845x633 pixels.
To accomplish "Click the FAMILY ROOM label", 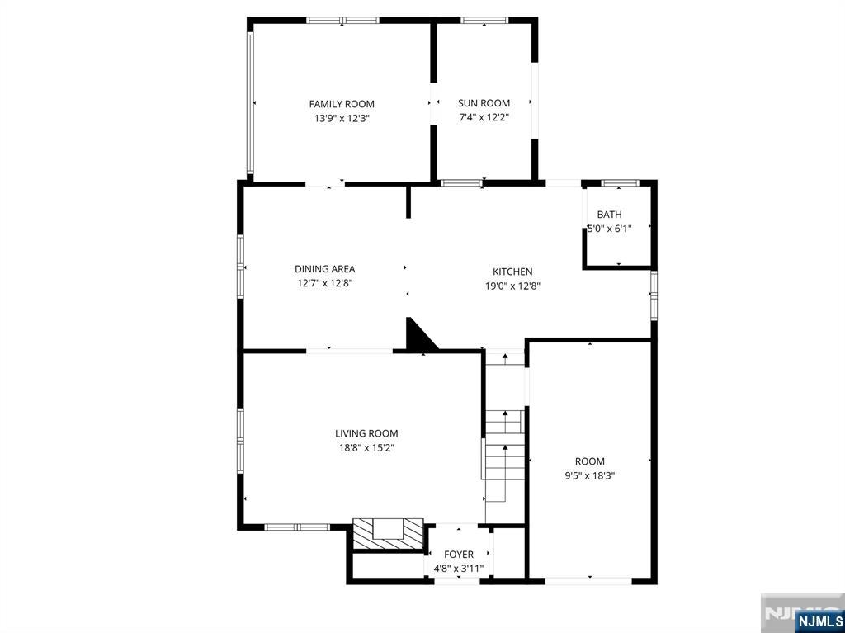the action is [342, 104].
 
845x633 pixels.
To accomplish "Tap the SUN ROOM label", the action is [484, 103].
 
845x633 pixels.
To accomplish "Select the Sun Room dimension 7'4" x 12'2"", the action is [484, 117].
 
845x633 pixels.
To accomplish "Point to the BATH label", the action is [610, 215].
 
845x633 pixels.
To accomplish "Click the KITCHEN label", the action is [512, 272].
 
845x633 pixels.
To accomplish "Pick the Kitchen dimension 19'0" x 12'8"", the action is [512, 286].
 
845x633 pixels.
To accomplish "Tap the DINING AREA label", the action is [325, 268].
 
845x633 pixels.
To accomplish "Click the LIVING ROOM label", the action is [366, 433].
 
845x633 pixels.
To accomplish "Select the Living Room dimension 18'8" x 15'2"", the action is [366, 447].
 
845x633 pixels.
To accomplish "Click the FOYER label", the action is [459, 555].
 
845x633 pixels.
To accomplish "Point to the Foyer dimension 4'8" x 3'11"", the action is [459, 569].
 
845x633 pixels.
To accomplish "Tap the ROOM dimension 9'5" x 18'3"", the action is [589, 475].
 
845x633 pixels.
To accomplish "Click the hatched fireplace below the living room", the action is [387, 534].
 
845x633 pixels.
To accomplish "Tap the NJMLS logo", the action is [819, 620].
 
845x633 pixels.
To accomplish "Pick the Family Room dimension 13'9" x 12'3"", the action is [342, 118].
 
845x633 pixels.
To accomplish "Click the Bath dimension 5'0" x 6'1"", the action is [610, 229].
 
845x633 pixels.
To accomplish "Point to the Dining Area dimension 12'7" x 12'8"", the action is [325, 283].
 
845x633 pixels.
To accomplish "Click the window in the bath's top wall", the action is [620, 182].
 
